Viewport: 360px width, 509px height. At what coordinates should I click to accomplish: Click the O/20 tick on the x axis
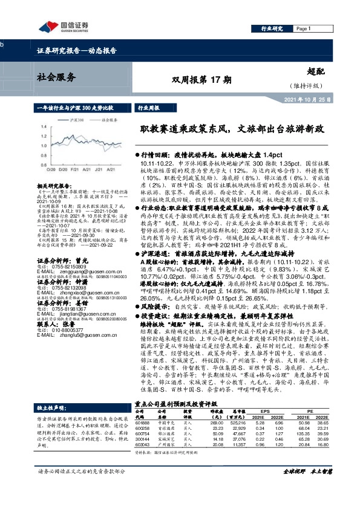pyautogui.click(x=43, y=170)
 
